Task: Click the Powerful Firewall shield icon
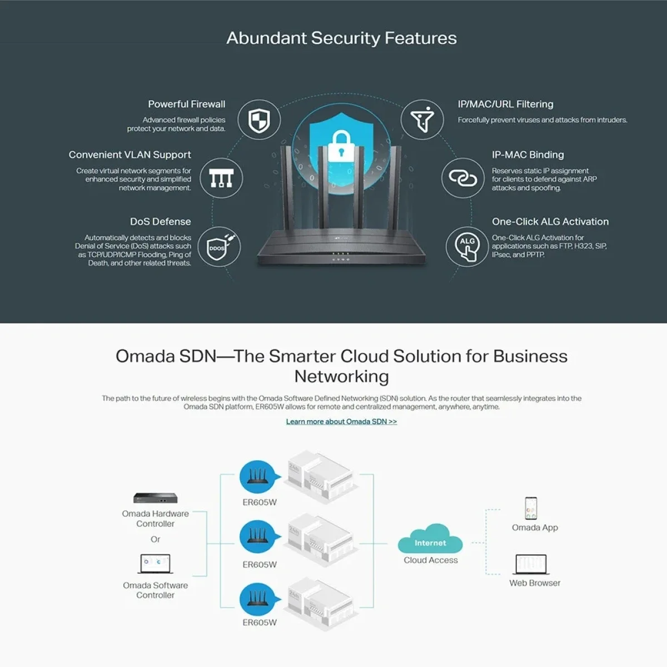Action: (259, 120)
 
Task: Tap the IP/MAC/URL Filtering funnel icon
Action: (422, 120)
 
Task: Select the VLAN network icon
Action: (222, 178)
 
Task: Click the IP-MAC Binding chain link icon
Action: (463, 178)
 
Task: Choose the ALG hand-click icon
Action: (467, 247)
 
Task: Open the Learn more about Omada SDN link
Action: (341, 421)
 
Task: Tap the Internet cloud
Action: (430, 539)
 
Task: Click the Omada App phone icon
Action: (531, 508)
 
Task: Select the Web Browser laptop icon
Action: (531, 565)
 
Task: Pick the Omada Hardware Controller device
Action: (156, 498)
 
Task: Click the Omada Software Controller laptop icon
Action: (156, 564)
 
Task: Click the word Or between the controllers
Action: (156, 539)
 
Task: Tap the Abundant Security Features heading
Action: (342, 38)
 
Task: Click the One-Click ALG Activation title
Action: (550, 222)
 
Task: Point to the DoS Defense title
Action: (160, 222)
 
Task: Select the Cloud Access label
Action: (431, 560)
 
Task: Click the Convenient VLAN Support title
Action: (130, 155)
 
